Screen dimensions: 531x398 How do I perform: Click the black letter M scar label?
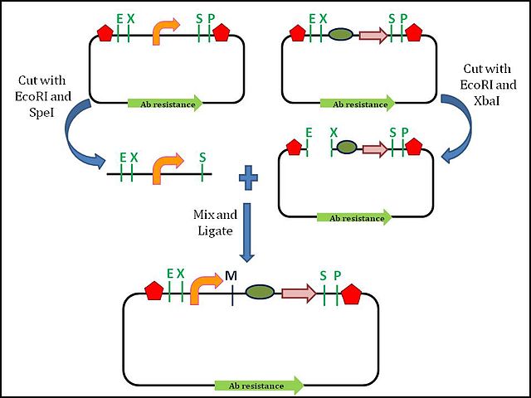231,276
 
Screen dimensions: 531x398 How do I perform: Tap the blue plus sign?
249,177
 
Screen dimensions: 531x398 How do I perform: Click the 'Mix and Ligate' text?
215,223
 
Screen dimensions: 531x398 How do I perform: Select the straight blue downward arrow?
247,232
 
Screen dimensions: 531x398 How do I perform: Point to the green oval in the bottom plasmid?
260,292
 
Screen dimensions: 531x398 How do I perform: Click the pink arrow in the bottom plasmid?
299,294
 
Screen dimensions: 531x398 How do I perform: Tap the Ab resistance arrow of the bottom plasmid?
259,386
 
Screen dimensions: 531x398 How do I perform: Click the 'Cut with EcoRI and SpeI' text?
43,96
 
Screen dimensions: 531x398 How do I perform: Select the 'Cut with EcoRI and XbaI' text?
488,85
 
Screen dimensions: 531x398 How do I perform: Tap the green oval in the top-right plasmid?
341,35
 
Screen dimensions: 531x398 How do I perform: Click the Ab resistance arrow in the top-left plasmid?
165,104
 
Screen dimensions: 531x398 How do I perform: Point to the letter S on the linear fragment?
202,157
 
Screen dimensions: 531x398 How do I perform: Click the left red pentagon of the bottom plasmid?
154,291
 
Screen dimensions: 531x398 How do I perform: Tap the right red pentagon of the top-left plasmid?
222,33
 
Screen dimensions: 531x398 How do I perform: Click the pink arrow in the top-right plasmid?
373,35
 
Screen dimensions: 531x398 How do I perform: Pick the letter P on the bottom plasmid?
338,276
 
